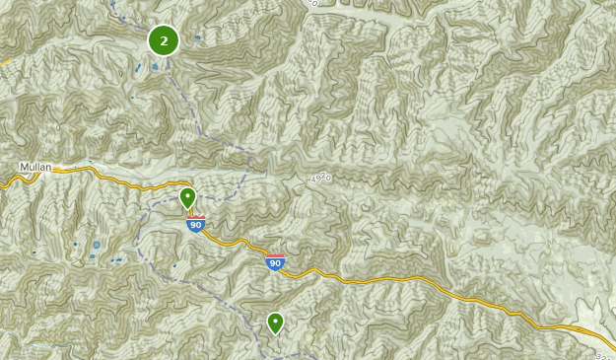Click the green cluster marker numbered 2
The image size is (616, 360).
point(164,40)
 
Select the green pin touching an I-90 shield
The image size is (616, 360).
point(187,199)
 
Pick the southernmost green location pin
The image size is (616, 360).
point(275,323)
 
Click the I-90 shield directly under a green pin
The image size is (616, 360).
point(196,225)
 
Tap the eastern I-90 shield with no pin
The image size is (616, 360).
point(275,261)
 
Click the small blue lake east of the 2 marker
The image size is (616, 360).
point(197,37)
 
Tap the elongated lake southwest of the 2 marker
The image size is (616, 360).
point(138,69)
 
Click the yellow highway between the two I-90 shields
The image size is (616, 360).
point(237,243)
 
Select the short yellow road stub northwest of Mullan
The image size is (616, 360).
point(4,61)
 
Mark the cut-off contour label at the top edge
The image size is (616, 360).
point(312,3)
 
